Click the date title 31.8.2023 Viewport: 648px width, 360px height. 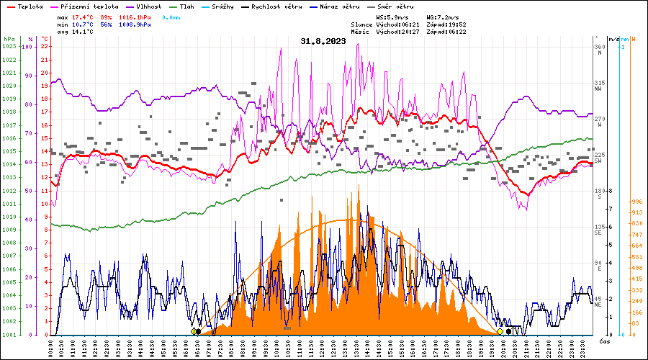coord(323,41)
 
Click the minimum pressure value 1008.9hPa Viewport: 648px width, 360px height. coord(136,24)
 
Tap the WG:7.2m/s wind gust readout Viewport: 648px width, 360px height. coord(443,16)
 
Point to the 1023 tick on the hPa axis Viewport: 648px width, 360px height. coord(9,47)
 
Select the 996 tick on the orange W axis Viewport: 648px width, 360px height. coord(636,202)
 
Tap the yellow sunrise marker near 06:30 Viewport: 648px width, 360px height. coord(194,331)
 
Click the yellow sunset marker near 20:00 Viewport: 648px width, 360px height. coord(500,331)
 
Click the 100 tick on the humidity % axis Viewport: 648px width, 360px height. coord(28,47)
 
